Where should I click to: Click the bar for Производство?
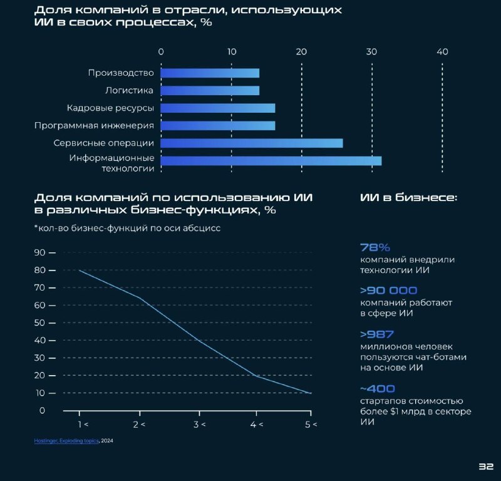pyautogui.click(x=210, y=73)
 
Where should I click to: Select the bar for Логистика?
pyautogui.click(x=210, y=91)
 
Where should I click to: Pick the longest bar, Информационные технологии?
pyautogui.click(x=271, y=161)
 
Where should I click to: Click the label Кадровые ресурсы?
pyautogui.click(x=110, y=108)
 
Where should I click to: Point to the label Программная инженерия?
pyautogui.click(x=94, y=126)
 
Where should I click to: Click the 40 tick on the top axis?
pyautogui.click(x=442, y=52)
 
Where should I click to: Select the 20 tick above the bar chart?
pyautogui.click(x=301, y=52)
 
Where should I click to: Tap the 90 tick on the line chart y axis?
pyautogui.click(x=40, y=252)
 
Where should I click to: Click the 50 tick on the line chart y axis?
pyautogui.click(x=40, y=323)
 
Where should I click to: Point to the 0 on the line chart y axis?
pyautogui.click(x=42, y=411)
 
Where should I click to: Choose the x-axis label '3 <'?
pyautogui.click(x=199, y=425)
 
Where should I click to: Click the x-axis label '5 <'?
pyautogui.click(x=311, y=425)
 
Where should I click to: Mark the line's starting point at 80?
pyautogui.click(x=80, y=271)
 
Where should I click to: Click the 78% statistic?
pyautogui.click(x=375, y=247)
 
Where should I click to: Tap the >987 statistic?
pyautogui.click(x=377, y=334)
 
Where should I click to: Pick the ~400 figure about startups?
pyautogui.click(x=378, y=388)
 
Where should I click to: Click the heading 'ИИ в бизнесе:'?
pyautogui.click(x=408, y=198)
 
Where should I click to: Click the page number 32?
pyautogui.click(x=487, y=467)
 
